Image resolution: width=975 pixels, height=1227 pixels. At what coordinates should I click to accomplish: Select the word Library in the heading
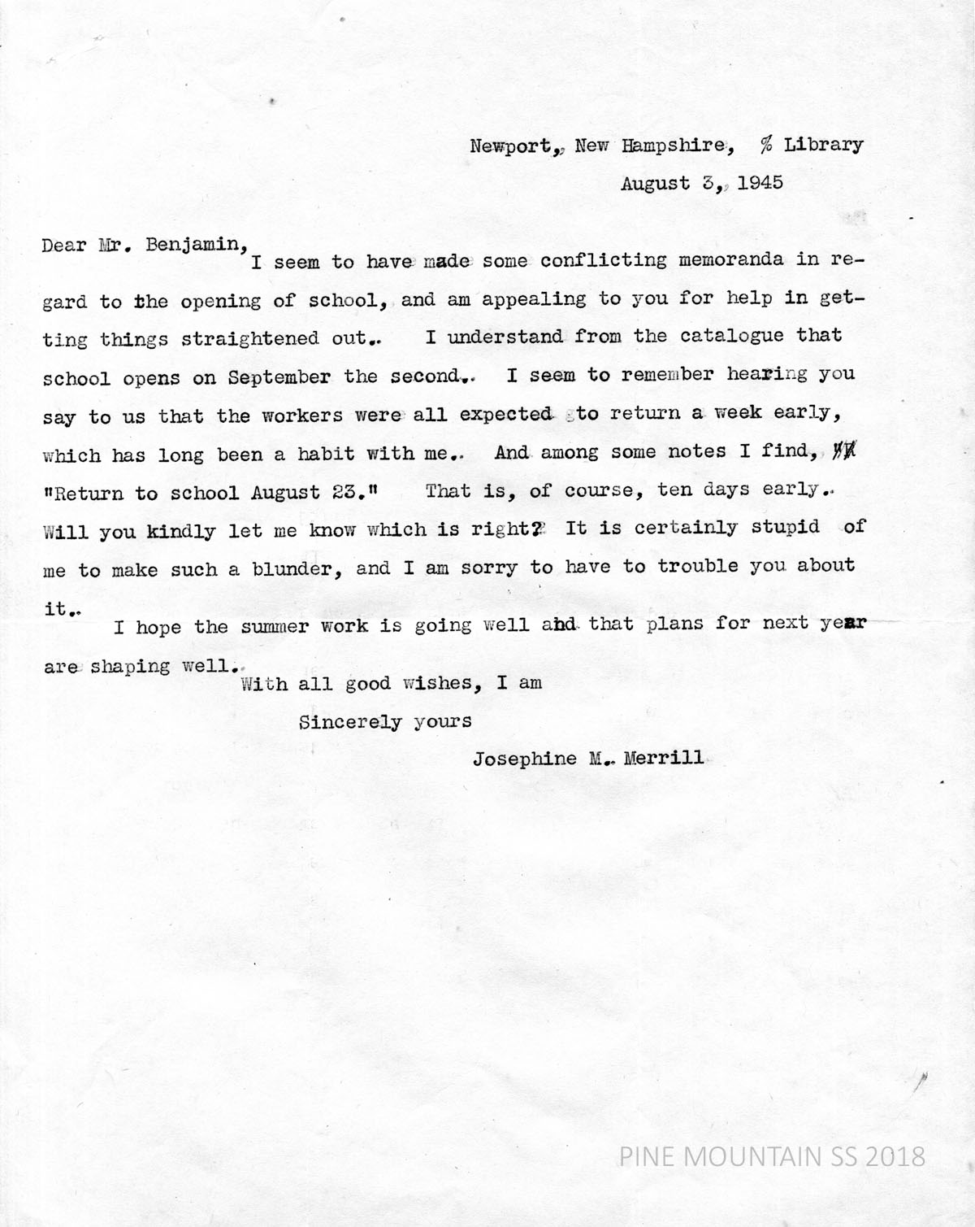pos(823,145)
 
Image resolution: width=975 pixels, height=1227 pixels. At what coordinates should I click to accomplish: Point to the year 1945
pos(760,183)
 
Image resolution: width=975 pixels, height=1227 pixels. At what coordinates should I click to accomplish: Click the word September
pos(279,377)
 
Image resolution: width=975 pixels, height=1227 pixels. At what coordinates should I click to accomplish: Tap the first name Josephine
pos(525,759)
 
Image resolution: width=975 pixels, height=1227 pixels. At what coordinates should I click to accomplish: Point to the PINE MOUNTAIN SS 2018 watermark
pos(772,1155)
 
